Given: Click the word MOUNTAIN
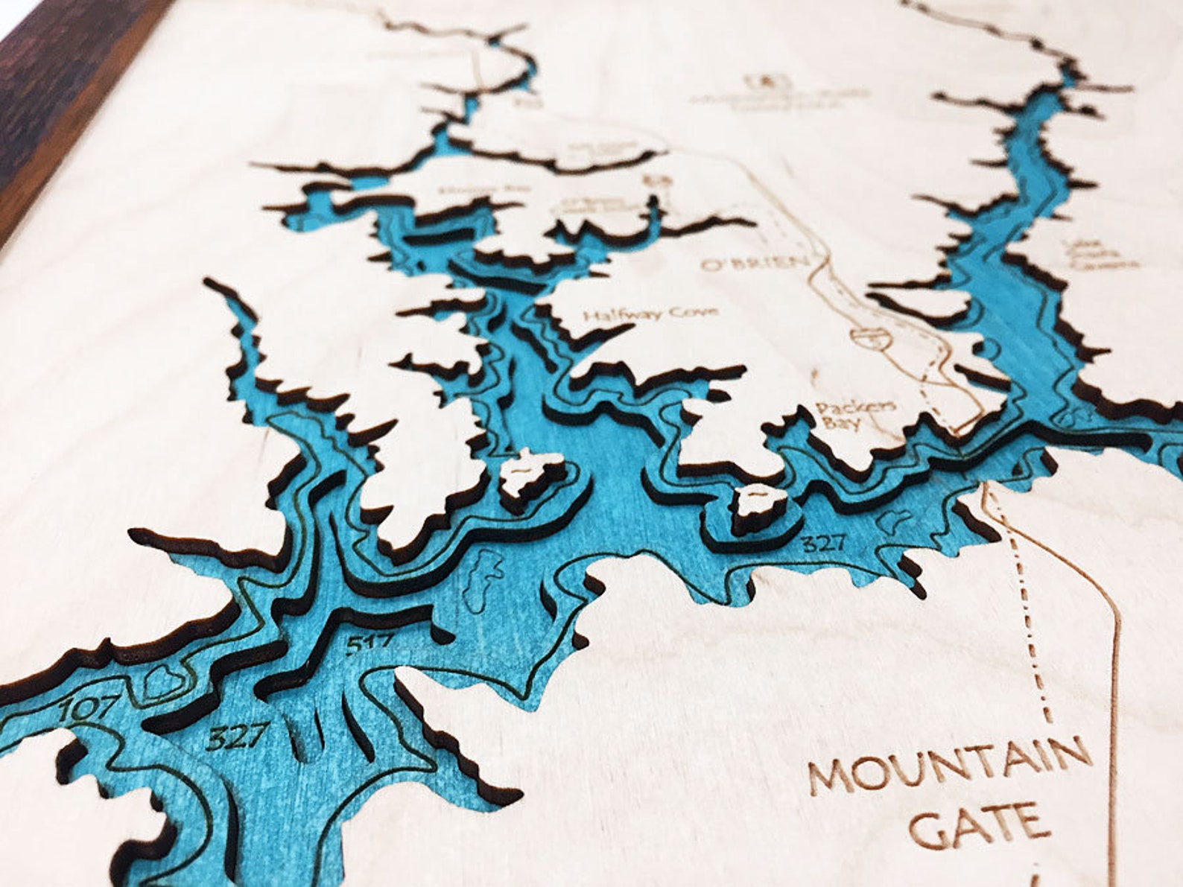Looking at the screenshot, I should [951, 767].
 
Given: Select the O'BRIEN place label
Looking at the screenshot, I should [754, 263].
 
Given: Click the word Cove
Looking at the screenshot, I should [694, 312].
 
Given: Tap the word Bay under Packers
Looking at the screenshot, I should [848, 424].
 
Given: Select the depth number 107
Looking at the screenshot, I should [88, 708].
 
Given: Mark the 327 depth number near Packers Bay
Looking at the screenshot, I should [822, 543].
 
